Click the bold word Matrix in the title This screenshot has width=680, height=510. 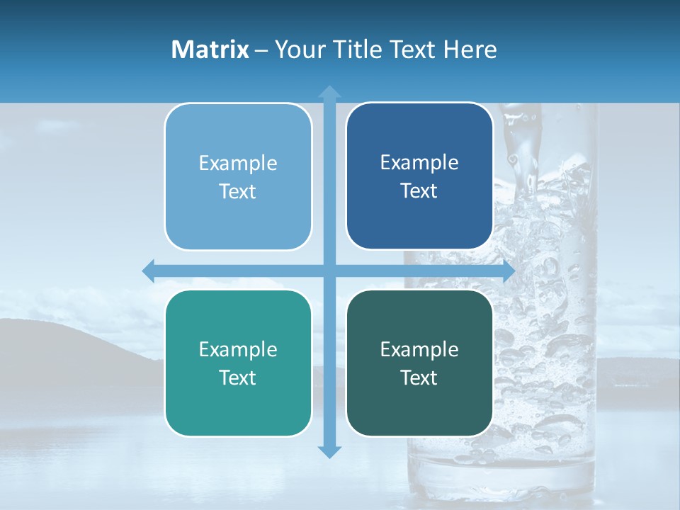click(210, 50)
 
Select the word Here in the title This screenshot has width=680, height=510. click(470, 50)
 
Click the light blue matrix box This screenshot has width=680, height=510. click(238, 177)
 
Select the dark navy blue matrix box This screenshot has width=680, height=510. click(419, 176)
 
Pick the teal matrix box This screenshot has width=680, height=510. click(238, 363)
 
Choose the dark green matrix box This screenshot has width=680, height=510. click(419, 363)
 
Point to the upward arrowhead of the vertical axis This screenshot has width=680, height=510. click(329, 91)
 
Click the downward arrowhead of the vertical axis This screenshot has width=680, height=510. click(329, 452)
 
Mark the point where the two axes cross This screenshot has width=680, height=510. click(329, 271)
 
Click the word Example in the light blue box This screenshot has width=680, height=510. click(238, 164)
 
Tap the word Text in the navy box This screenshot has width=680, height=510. click(419, 191)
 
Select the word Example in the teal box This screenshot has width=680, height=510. click(238, 350)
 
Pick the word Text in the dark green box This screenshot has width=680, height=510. click(419, 378)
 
